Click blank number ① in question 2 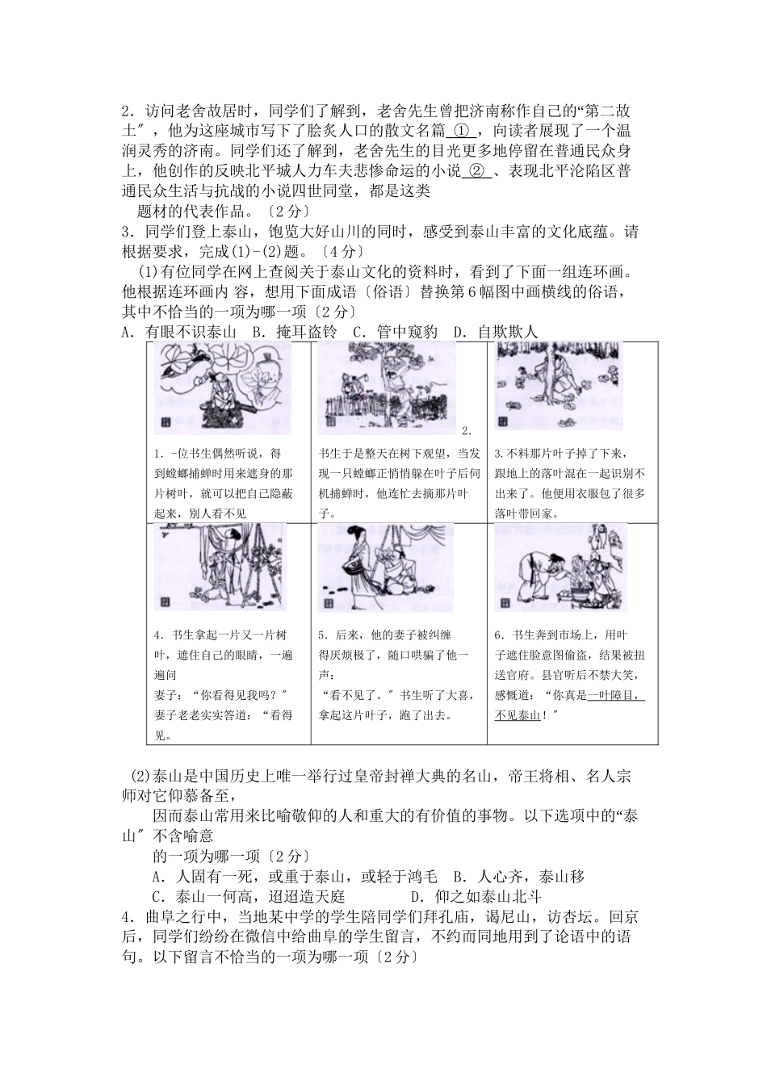click(459, 131)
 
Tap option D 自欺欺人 click(496, 332)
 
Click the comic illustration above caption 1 click(222, 387)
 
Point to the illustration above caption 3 click(559, 385)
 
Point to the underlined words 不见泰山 click(517, 715)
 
